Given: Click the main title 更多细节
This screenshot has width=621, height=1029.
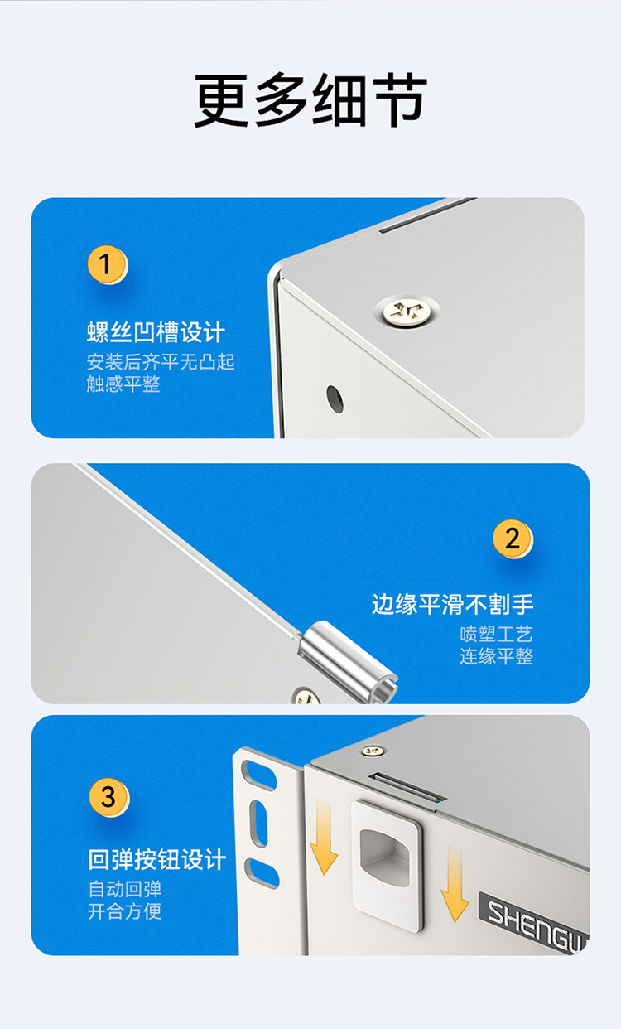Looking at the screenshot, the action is point(310,99).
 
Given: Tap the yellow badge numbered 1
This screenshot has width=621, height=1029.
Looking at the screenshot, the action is point(108,264).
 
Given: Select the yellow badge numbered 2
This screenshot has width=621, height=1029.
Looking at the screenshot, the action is point(513,539).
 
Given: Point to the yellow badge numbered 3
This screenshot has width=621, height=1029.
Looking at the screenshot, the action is point(108,797).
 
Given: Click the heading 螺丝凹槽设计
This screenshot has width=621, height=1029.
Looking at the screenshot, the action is point(156,332).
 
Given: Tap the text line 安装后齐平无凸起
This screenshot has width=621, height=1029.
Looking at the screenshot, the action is point(161,362).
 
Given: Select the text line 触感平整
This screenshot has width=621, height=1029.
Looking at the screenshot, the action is point(123,384).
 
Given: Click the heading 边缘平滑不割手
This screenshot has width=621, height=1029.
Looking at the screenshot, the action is point(453,604).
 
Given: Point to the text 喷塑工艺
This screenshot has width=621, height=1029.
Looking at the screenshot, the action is point(496,635).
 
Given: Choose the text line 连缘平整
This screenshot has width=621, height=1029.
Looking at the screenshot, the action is point(496,656).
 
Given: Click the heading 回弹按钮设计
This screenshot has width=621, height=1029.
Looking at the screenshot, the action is point(157,859).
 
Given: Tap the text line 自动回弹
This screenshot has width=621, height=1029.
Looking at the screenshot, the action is point(125,889).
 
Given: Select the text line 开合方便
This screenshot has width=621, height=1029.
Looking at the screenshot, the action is point(125,911).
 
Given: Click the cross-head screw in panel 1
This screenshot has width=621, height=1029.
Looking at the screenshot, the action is point(407,311).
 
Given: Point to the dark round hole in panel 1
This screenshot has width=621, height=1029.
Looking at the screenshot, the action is point(335,399).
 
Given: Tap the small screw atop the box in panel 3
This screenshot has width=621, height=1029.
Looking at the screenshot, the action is point(373,751).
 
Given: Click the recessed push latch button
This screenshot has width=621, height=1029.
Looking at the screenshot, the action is point(387,867).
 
